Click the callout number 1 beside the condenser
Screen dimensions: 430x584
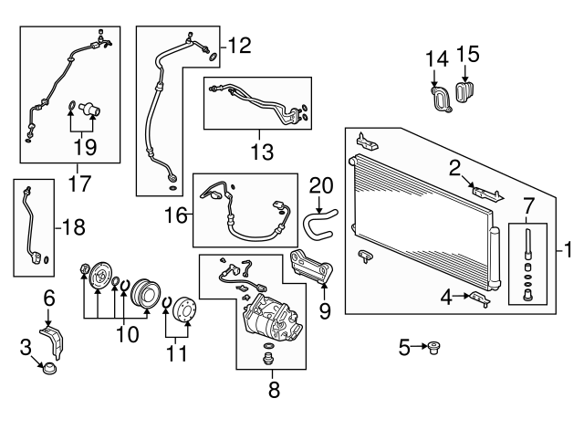pyautogui.click(x=568, y=247)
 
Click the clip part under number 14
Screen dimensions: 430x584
pyautogui.click(x=441, y=98)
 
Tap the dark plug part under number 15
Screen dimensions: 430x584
pyautogui.click(x=467, y=93)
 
